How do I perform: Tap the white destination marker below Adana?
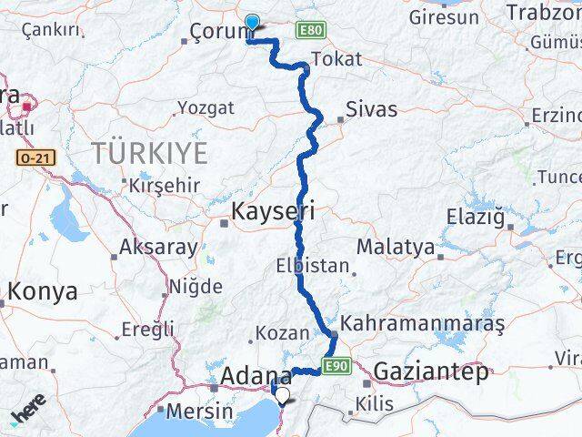[282, 396]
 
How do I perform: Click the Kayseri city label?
[274, 212]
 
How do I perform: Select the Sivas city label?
[372, 109]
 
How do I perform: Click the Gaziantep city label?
[431, 371]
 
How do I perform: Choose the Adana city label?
[256, 377]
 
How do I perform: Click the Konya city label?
[43, 293]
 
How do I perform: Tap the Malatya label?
[395, 247]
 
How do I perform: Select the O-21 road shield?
[35, 158]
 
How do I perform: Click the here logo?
[27, 412]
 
